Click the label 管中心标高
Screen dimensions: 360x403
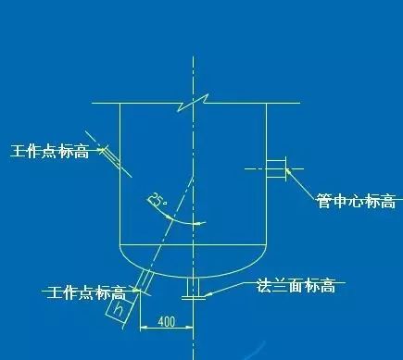[x=355, y=201]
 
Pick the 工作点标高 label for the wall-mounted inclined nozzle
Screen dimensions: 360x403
[x=50, y=151]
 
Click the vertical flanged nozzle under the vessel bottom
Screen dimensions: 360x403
[x=195, y=287]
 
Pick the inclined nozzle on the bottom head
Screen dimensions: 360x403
[x=145, y=279]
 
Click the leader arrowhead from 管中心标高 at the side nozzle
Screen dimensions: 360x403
[x=289, y=170]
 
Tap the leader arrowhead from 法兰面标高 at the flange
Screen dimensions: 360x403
[x=208, y=294]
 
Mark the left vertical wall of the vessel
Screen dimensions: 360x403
[x=121, y=185]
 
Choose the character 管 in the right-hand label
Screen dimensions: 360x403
[x=323, y=201]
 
